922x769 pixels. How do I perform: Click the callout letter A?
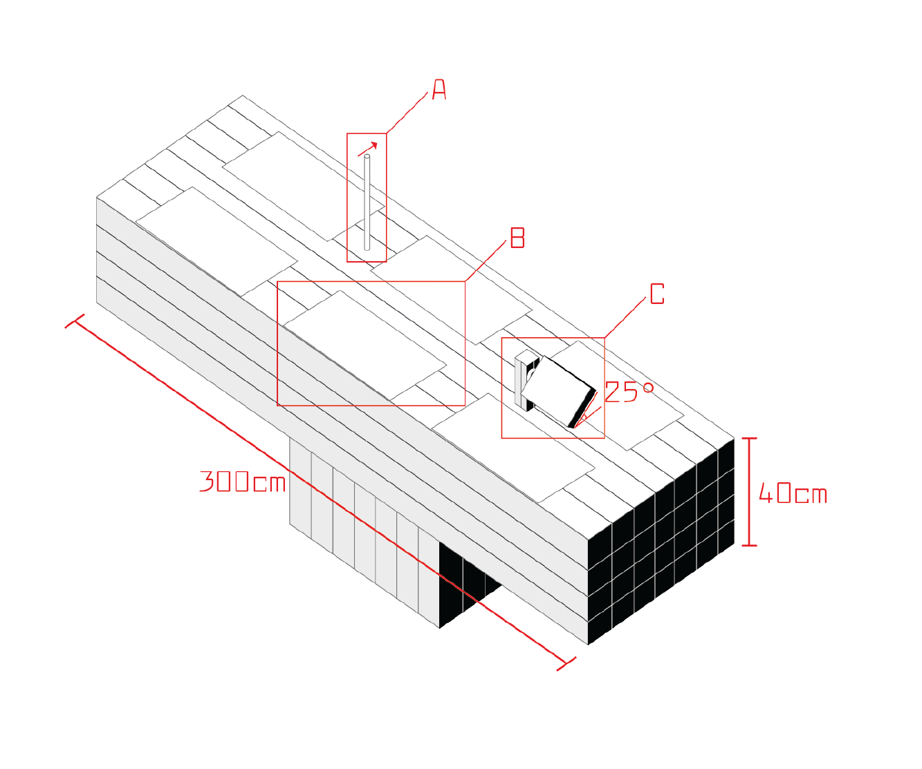pos(439,90)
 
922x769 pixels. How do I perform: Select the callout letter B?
pos(517,238)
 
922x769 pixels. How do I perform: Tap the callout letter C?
pos(657,294)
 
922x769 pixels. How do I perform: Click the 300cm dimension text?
pos(243,481)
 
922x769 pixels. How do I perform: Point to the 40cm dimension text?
pos(793,494)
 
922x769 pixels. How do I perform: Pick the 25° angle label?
pos(629,392)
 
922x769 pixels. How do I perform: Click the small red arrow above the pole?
pos(369,149)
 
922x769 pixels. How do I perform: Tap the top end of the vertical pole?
pos(367,158)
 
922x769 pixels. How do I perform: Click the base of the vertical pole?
pos(367,247)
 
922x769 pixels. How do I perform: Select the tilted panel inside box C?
pos(556,390)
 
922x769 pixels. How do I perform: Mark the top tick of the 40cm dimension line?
pos(748,438)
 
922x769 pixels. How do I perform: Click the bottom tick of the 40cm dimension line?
pos(748,545)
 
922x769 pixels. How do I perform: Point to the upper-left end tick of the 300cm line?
pos(75,321)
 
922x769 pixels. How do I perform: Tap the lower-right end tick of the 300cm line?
pos(566,663)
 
